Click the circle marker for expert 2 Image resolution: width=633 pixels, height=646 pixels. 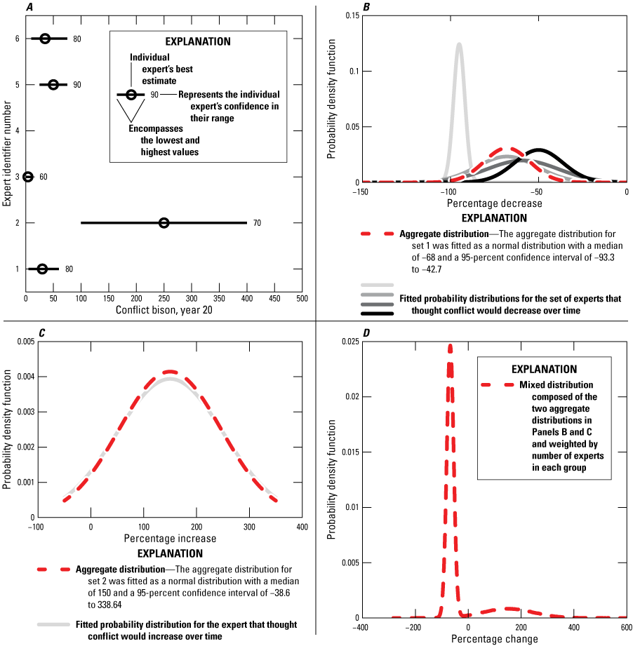[164, 223]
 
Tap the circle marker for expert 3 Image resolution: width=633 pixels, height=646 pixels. [28, 177]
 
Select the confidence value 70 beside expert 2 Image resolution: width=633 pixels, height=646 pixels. [258, 223]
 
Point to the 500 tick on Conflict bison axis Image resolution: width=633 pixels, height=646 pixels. [302, 297]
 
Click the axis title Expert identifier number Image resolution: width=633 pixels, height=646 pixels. [6, 154]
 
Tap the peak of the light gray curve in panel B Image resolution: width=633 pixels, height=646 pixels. [459, 44]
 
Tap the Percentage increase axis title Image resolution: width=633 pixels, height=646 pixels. [170, 538]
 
